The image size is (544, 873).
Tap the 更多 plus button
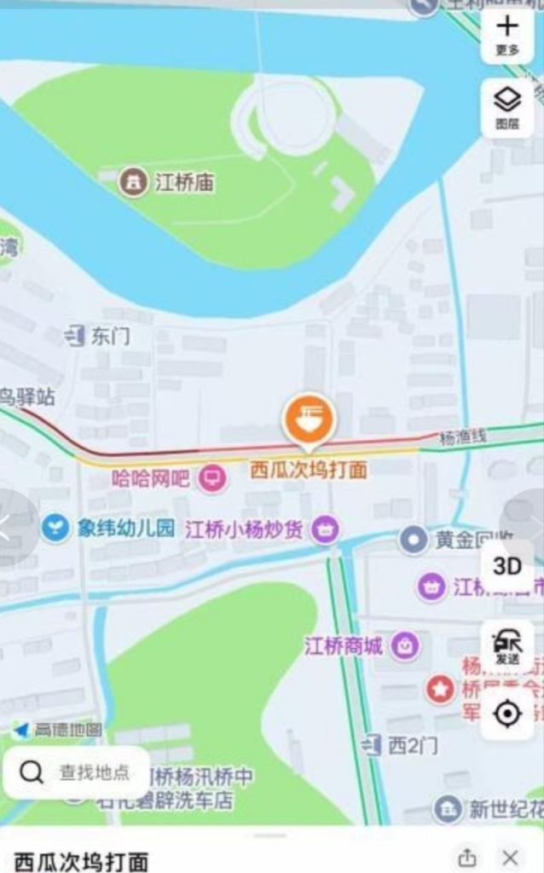(507, 34)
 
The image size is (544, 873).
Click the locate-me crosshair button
(507, 713)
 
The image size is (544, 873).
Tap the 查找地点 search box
(77, 772)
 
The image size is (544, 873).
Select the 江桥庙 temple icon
(132, 182)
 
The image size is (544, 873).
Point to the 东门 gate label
(109, 337)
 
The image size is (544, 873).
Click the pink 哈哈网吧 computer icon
(212, 478)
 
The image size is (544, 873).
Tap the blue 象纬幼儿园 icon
(56, 529)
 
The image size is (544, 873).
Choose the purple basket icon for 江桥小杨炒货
(325, 529)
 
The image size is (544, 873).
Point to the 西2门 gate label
(413, 745)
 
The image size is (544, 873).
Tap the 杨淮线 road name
(462, 437)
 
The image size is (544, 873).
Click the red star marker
(440, 688)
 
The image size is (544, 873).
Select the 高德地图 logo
(59, 730)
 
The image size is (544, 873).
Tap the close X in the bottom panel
(511, 857)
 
